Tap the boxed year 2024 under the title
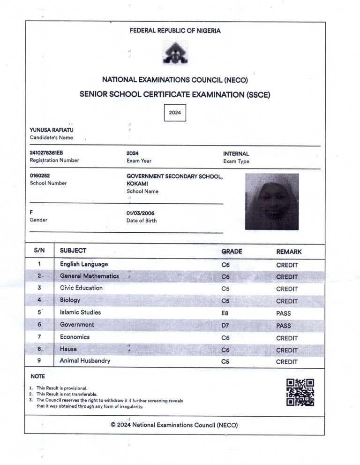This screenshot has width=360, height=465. tap(175, 113)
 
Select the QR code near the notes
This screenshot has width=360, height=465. tap(300, 392)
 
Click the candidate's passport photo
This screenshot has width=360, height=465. tap(272, 201)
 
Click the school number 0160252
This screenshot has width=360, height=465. tap(39, 175)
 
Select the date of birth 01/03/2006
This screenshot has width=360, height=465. tap(140, 213)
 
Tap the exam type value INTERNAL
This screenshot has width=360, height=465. tap(236, 153)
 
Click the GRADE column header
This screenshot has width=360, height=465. tap(232, 252)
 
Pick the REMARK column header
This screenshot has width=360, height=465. tap(289, 252)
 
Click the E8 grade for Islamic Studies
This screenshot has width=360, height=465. tap(225, 313)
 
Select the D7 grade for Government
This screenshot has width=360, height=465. tap(225, 325)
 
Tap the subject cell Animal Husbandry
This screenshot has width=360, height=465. tap(85, 361)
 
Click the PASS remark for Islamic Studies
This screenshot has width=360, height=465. tap(284, 313)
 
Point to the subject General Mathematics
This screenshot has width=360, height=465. tap(89, 276)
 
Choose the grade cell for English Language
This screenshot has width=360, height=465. tap(225, 265)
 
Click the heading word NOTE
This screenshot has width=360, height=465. tap(37, 376)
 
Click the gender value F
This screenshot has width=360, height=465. tap(31, 212)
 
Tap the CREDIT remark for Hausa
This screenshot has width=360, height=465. tap(287, 350)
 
